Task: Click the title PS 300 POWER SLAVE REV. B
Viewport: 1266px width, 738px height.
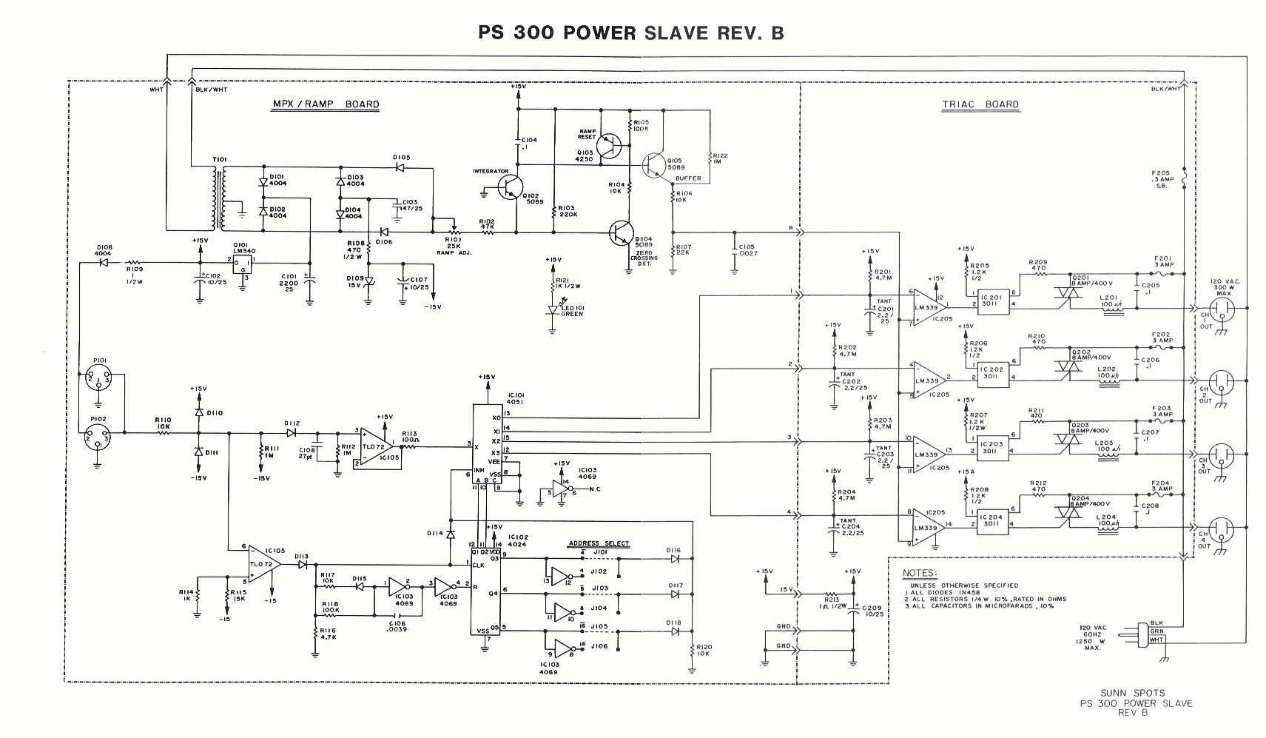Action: pos(630,33)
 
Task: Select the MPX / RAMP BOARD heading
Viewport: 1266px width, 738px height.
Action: pos(325,104)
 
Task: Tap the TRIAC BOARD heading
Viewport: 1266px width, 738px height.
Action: pos(980,104)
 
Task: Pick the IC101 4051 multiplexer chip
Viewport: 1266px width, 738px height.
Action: pos(488,449)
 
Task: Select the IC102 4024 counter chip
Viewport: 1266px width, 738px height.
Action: pos(485,592)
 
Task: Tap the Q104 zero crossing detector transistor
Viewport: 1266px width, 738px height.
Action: pos(621,232)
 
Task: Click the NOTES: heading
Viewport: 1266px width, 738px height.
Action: pos(920,573)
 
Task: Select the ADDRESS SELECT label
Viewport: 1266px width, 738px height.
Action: pos(599,543)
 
